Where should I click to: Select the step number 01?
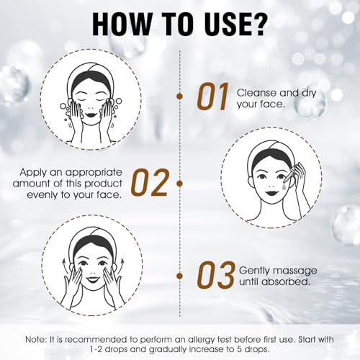click(x=213, y=96)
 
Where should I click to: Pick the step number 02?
click(x=150, y=182)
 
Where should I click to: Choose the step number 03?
click(x=215, y=275)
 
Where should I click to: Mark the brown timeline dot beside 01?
click(x=179, y=96)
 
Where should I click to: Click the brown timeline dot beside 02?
click(x=179, y=184)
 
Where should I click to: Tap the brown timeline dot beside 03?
click(x=179, y=276)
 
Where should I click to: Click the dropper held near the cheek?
click(x=291, y=174)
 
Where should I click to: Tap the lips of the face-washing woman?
click(x=91, y=114)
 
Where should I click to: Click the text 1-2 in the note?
click(x=97, y=349)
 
